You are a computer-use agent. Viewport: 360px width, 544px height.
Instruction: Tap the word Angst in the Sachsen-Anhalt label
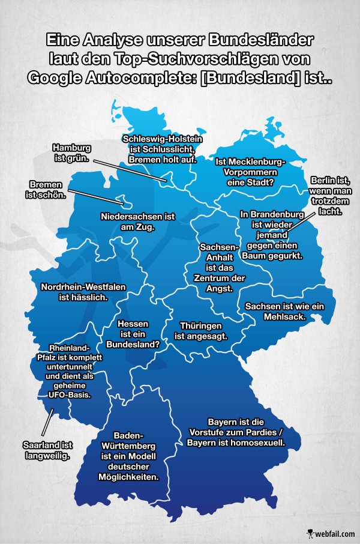(219, 289)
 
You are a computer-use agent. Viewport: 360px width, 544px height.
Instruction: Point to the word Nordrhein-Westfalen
(83, 287)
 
